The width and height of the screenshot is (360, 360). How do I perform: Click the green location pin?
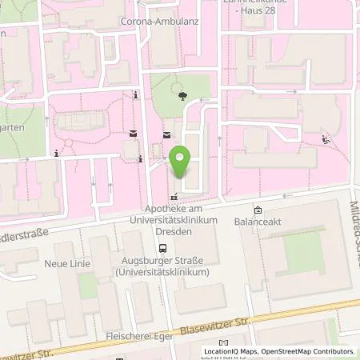tap(182, 162)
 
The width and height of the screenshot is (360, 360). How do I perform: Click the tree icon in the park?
tap(185, 95)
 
